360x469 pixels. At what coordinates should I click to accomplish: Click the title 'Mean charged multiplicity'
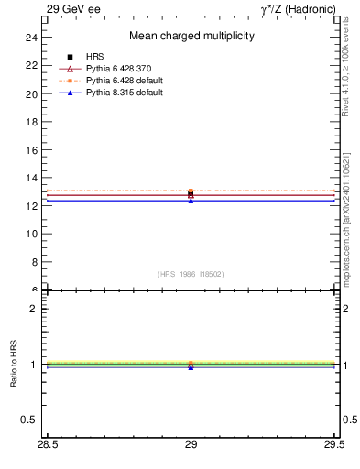[x=191, y=36]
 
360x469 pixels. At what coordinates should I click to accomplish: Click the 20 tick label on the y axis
[x=31, y=93]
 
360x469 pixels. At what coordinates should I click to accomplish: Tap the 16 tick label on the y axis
[x=31, y=149]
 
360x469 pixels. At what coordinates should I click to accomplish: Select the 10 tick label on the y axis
[x=31, y=234]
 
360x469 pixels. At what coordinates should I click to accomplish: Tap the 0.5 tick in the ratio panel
[x=29, y=420]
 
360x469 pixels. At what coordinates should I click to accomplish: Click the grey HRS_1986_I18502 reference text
[x=191, y=273]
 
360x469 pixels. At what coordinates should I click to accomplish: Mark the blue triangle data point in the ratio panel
[x=191, y=366]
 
